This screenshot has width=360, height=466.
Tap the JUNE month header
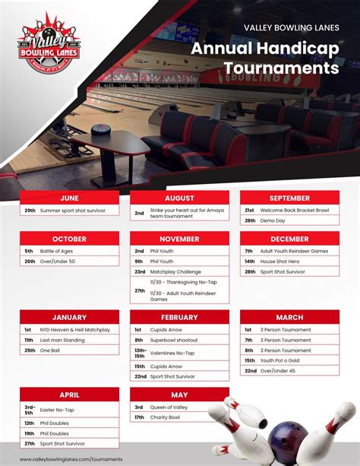click(x=69, y=198)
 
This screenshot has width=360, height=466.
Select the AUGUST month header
click(x=179, y=198)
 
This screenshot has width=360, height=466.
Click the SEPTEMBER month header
click(x=289, y=198)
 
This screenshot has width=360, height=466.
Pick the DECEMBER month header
click(x=289, y=239)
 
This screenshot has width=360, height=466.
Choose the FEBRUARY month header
click(x=179, y=317)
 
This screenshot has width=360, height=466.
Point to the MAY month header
click(x=179, y=395)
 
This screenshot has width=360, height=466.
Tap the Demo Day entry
click(x=273, y=220)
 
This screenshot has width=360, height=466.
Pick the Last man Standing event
click(x=62, y=340)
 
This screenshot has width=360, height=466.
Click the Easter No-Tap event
click(x=56, y=411)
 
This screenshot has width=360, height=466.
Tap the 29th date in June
click(x=30, y=210)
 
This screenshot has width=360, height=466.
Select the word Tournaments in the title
click(x=281, y=68)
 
